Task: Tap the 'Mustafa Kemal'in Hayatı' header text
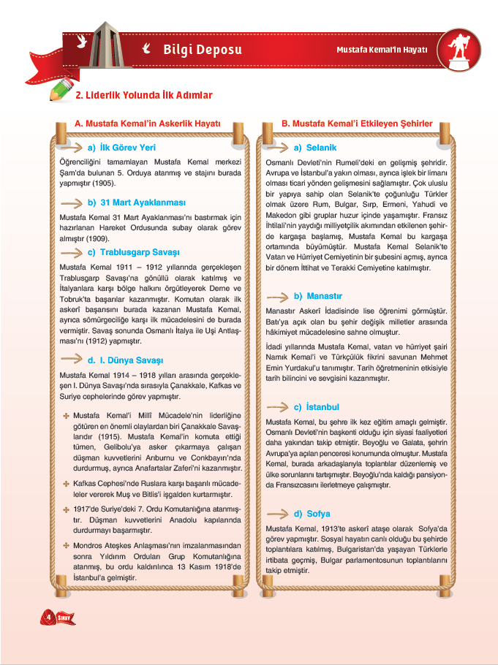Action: tap(385, 50)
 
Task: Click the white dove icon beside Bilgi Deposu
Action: tap(146, 49)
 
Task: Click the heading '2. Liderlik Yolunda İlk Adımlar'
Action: tap(144, 95)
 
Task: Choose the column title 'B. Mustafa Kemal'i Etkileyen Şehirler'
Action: tap(357, 123)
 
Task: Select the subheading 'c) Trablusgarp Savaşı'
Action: tap(133, 252)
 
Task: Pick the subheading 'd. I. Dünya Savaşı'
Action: tap(125, 360)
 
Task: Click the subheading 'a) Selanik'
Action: tap(315, 147)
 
